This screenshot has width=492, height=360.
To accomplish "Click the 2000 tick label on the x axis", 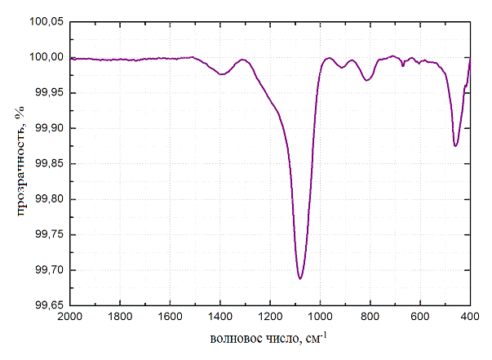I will pyautogui.click(x=69, y=317).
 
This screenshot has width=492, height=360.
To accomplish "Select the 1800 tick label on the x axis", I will pyautogui.click(x=120, y=317).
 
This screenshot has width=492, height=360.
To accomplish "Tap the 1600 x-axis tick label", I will pyautogui.click(x=170, y=317).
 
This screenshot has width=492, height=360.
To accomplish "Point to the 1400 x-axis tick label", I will pyautogui.click(x=220, y=317).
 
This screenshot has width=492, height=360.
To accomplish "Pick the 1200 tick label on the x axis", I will pyautogui.click(x=270, y=317).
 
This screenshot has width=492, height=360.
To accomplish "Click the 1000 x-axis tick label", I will pyautogui.click(x=320, y=317).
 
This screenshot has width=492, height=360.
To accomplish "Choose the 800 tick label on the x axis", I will pyautogui.click(x=370, y=317).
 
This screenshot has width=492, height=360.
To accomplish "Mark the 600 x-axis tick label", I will pyautogui.click(x=420, y=317).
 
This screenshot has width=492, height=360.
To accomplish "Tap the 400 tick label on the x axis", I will pyautogui.click(x=470, y=317).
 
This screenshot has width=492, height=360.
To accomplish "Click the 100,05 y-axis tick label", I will pyautogui.click(x=47, y=22).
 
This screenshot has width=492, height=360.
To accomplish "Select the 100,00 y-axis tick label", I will pyautogui.click(x=47, y=57).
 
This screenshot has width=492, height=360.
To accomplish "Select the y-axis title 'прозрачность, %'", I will pyautogui.click(x=17, y=163).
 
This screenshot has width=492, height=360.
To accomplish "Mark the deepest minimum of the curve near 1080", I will pyautogui.click(x=300, y=278).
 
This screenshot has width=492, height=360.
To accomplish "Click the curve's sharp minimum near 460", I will pyautogui.click(x=455, y=145).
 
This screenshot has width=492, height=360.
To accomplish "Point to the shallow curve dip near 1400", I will pyautogui.click(x=222, y=74).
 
